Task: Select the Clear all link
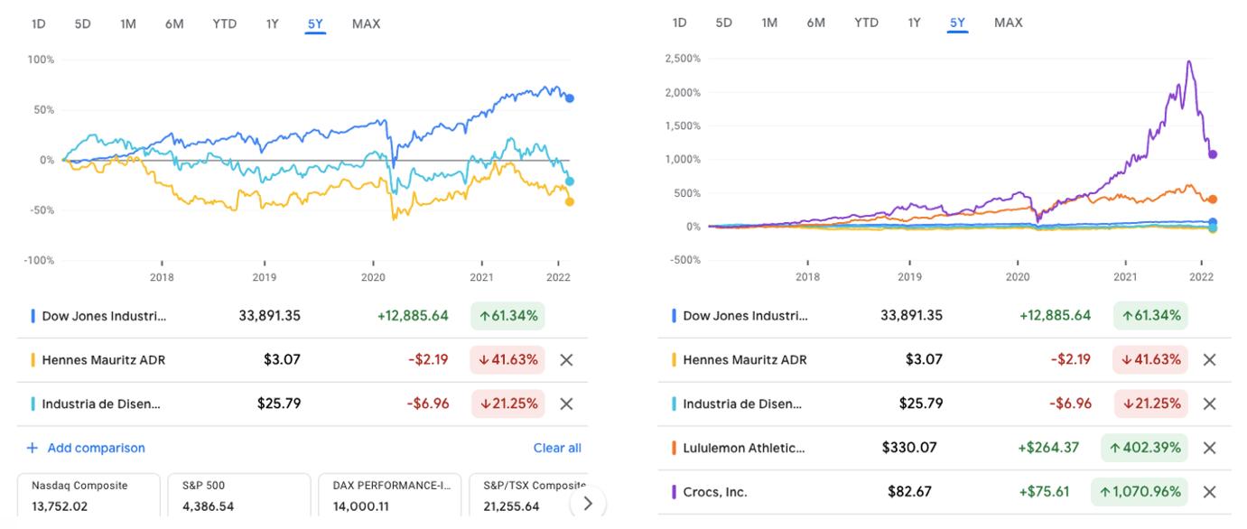(556, 448)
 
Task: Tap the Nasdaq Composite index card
(88, 496)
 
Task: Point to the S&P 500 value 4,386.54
(208, 506)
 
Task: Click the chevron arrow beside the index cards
(588, 504)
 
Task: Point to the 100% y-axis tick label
(42, 60)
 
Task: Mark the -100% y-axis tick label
(39, 260)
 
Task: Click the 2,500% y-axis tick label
(682, 59)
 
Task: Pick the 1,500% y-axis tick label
(682, 125)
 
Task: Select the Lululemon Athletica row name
(743, 448)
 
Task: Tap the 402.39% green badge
(1143, 448)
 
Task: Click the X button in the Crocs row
(1210, 492)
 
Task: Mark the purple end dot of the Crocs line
(1213, 154)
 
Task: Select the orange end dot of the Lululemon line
(1213, 200)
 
